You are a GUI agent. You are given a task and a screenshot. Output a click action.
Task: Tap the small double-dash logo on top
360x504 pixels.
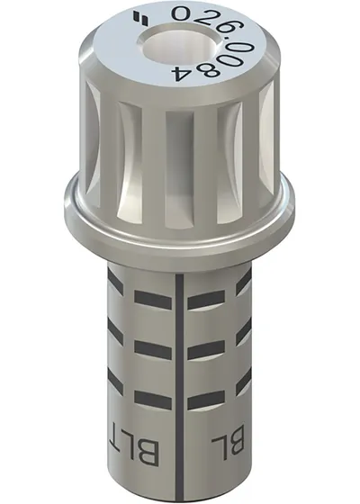coord(140,18)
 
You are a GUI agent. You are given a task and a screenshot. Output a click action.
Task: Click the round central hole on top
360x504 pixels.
coord(179,46)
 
